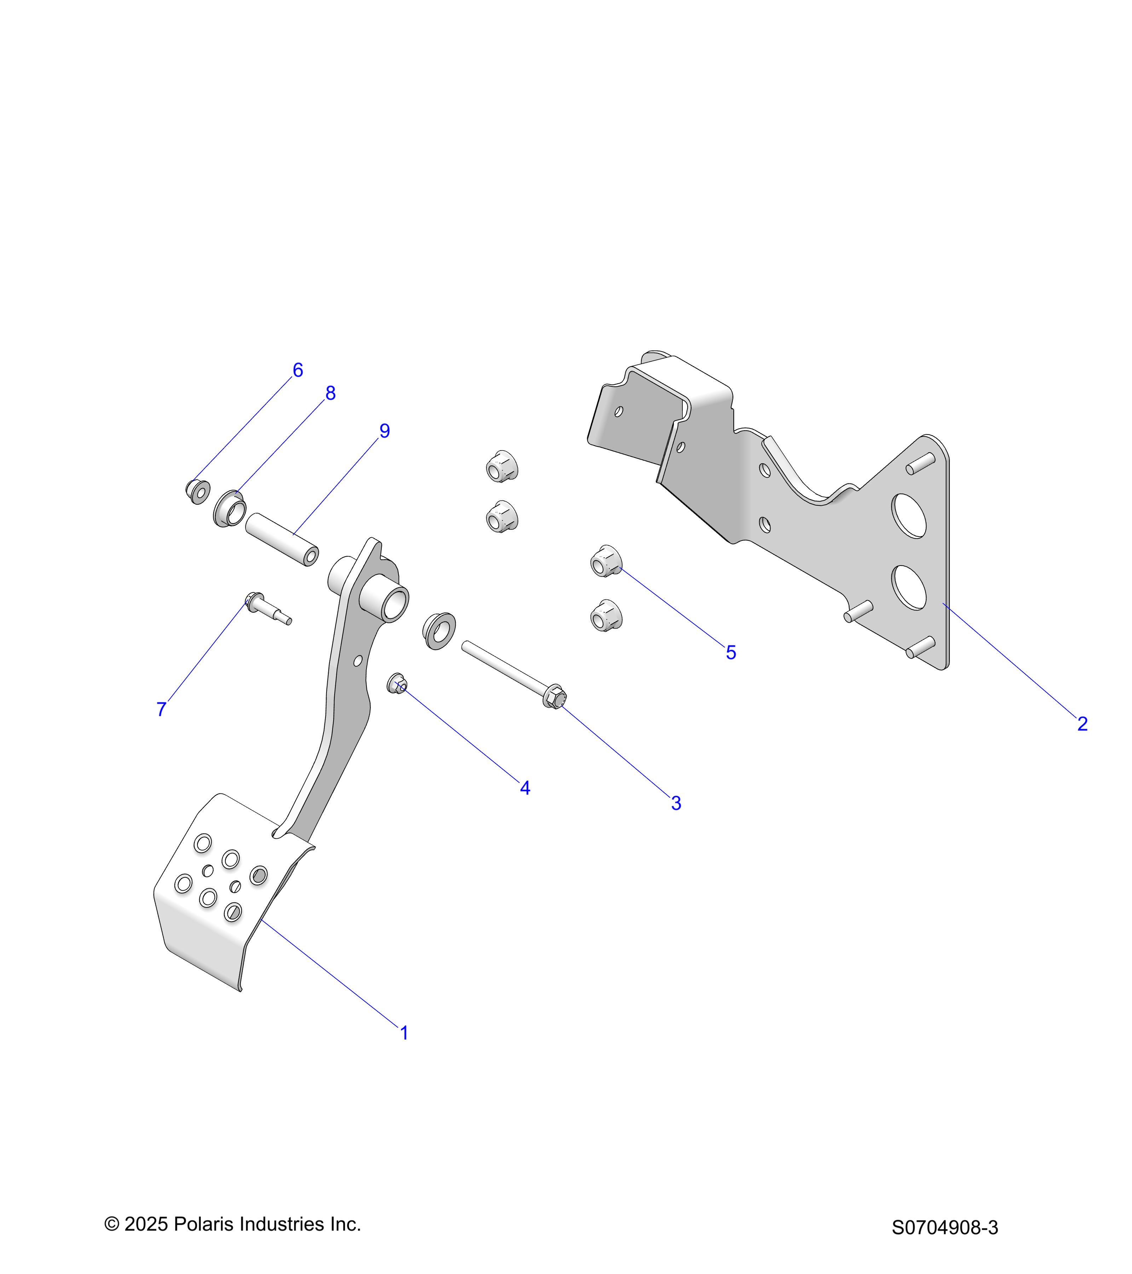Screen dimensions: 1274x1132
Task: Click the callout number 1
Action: pyautogui.click(x=404, y=1033)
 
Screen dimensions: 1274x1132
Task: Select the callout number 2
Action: pyautogui.click(x=1082, y=724)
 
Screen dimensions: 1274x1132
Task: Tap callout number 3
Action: pyautogui.click(x=676, y=803)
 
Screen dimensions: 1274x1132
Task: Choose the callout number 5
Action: pyautogui.click(x=731, y=653)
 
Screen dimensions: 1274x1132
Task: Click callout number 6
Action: pyautogui.click(x=298, y=370)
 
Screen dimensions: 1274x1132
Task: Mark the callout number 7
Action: pyautogui.click(x=161, y=709)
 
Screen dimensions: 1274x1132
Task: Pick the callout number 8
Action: pyautogui.click(x=330, y=393)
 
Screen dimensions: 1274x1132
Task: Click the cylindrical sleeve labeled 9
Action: pyautogui.click(x=282, y=539)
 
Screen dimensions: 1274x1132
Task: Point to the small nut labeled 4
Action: pyautogui.click(x=397, y=683)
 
